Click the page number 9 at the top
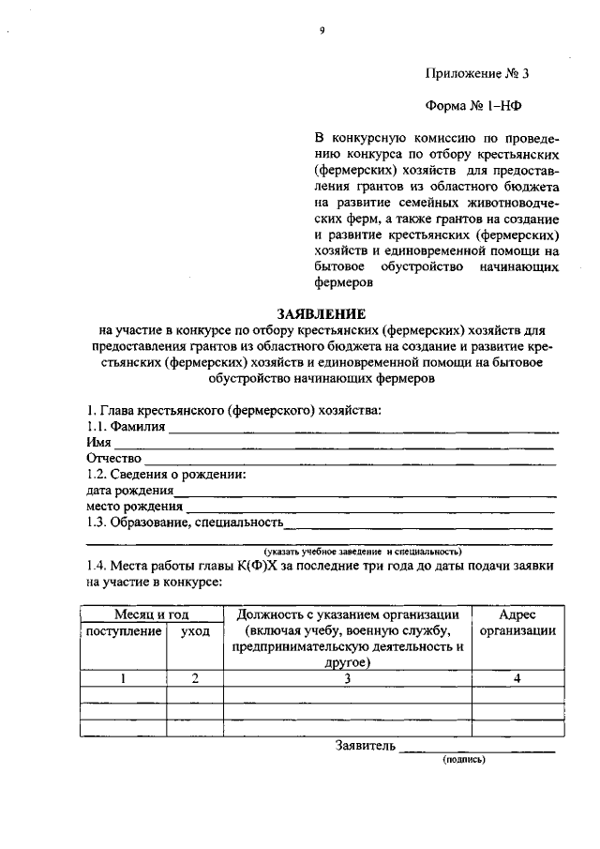click(321, 31)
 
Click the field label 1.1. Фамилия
click(126, 427)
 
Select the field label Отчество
click(113, 458)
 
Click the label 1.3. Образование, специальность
click(184, 523)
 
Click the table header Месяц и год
click(152, 614)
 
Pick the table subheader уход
click(194, 631)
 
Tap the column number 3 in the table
click(346, 680)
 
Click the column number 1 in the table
click(124, 680)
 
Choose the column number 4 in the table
click(517, 680)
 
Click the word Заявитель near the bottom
click(366, 747)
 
